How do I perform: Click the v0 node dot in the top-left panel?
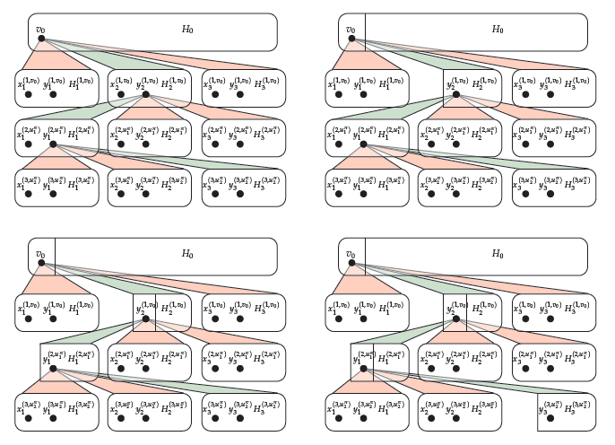click(41, 39)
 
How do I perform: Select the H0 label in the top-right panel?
click(498, 29)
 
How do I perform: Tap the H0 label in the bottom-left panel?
click(187, 253)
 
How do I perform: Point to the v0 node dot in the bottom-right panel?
click(351, 263)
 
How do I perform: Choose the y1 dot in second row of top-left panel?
click(53, 144)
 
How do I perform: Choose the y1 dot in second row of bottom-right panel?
click(363, 368)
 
